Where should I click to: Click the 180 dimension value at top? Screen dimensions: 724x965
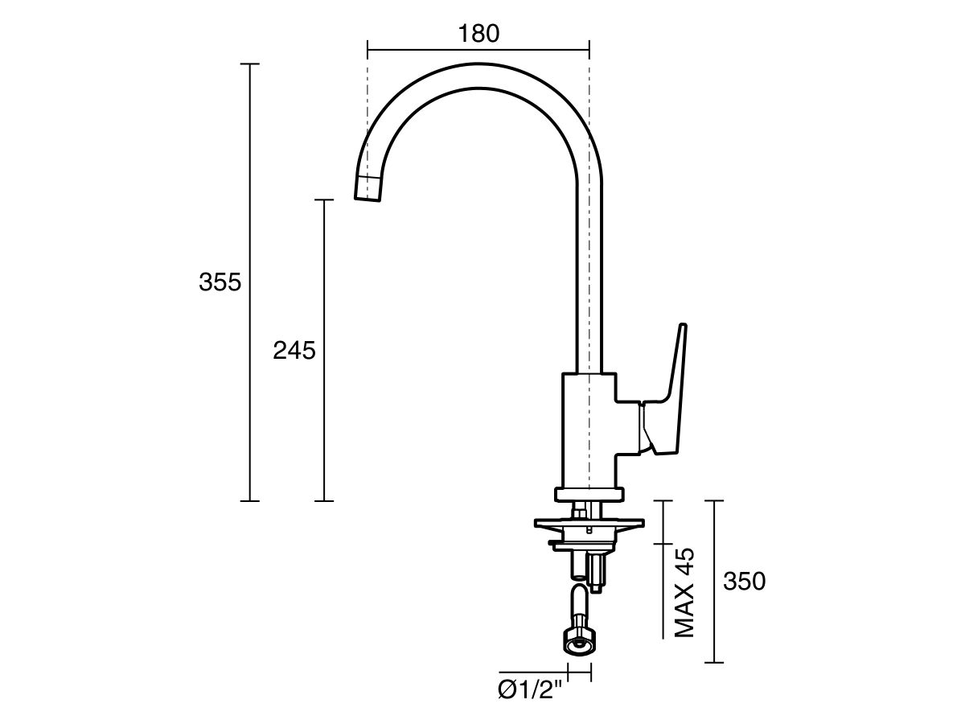tap(478, 33)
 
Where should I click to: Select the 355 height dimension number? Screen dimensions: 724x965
tap(220, 282)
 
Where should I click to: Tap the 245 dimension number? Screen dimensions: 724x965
tap(294, 351)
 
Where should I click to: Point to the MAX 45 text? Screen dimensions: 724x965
tap(684, 594)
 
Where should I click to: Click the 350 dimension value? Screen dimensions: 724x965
tap(744, 582)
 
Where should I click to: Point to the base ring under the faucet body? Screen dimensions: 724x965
tap(589, 495)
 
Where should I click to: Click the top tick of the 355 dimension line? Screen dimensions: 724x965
tap(250, 64)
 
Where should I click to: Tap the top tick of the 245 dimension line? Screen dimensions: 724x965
tap(324, 200)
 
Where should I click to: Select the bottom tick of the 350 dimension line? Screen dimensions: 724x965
tap(714, 663)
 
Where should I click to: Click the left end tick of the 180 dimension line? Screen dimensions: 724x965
tap(368, 50)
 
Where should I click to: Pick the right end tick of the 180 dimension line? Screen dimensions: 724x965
tap(589, 50)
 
